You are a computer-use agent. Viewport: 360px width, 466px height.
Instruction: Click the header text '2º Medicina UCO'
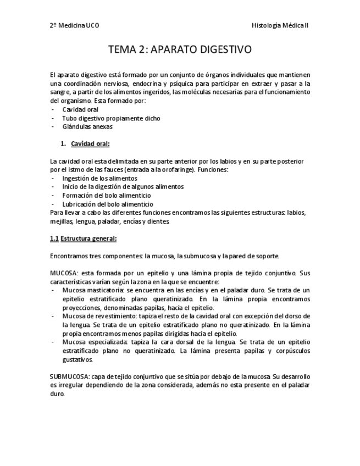click(x=74, y=25)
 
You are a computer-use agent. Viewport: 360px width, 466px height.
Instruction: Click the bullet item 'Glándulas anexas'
click(x=87, y=126)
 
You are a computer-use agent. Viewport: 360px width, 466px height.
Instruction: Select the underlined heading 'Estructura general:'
click(x=88, y=238)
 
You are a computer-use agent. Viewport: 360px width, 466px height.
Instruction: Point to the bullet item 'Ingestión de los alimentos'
click(x=99, y=178)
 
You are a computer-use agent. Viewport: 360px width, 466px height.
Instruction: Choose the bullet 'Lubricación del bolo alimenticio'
click(x=108, y=204)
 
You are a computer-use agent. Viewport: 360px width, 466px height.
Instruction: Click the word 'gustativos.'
click(x=77, y=359)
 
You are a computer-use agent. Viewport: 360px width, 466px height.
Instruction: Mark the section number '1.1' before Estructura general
click(x=54, y=238)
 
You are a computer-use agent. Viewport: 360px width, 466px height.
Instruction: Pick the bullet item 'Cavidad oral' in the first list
click(x=80, y=109)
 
